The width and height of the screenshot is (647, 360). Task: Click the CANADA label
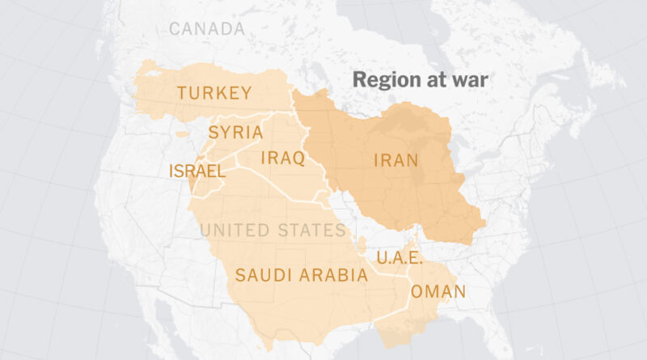click(206, 29)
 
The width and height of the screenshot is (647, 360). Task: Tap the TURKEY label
click(214, 93)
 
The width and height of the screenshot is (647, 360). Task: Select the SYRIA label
click(235, 133)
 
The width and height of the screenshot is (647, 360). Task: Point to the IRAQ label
click(282, 158)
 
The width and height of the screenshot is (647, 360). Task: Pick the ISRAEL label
click(197, 171)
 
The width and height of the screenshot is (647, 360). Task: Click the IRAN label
click(395, 160)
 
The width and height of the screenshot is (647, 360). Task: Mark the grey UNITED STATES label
click(273, 231)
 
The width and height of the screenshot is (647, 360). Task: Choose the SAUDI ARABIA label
click(301, 275)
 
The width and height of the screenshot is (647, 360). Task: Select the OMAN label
click(438, 292)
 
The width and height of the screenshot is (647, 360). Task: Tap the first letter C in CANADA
click(174, 29)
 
